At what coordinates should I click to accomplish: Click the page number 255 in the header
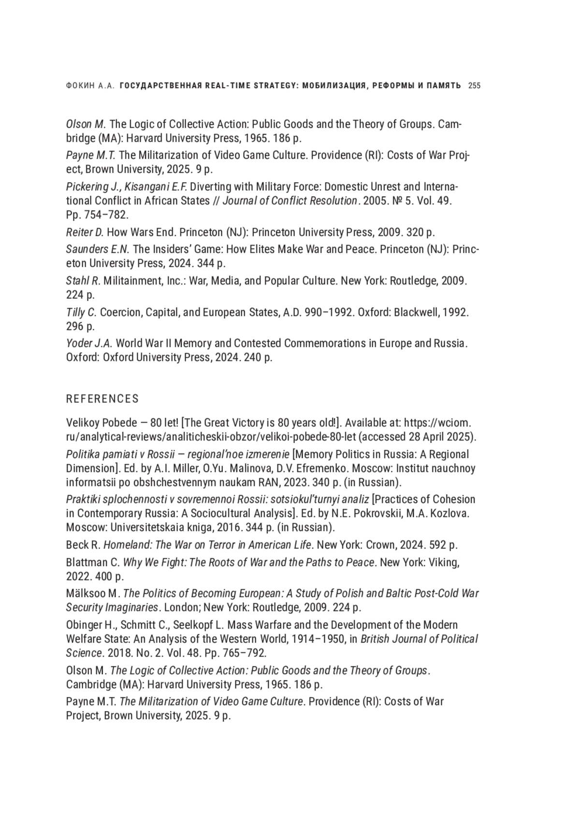click(474, 86)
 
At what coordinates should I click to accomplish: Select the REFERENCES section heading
click(102, 399)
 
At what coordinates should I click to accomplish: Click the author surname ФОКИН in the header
click(79, 86)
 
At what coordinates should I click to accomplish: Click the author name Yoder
click(80, 343)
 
